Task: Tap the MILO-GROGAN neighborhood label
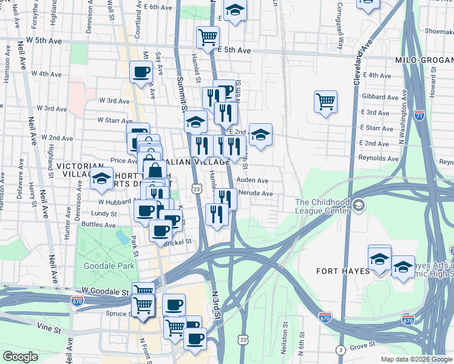424,61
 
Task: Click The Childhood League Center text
322,206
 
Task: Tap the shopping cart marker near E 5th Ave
208,36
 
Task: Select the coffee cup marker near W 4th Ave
141,72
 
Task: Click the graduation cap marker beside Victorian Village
102,179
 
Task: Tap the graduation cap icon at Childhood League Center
359,206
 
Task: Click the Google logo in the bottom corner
20,357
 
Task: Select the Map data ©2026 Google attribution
415,359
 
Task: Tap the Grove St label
364,347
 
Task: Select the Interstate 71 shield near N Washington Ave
420,115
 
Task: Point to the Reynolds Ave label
378,158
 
